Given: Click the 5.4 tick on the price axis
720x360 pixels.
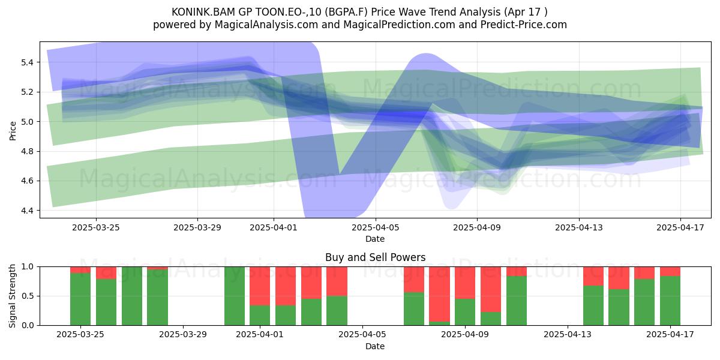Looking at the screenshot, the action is point(27,62).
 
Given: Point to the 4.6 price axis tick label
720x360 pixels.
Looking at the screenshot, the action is point(27,181).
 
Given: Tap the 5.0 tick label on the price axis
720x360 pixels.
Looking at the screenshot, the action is point(27,122).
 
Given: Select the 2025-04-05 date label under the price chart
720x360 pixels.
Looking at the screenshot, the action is point(375,227).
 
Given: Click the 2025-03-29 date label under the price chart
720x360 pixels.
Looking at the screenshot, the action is point(197,227).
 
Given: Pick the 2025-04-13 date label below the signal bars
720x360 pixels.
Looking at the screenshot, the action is point(568,334).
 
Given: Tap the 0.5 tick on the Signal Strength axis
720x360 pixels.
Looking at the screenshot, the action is point(27,296).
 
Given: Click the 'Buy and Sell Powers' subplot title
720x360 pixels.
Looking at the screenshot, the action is point(375,257).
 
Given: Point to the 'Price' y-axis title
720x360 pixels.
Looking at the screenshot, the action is point(13,131).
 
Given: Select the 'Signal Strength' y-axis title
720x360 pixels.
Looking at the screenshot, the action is point(12,296).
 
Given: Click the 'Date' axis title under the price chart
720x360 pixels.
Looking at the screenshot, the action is point(375,239).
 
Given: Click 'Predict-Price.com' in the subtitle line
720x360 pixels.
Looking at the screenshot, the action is point(524,25).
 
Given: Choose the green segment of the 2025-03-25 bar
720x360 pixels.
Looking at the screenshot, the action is point(80,299).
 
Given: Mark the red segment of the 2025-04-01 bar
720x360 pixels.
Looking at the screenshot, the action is point(260,286).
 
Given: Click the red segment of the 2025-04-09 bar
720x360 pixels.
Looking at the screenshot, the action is point(465,283).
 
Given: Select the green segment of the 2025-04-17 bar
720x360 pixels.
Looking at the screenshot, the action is point(670,301).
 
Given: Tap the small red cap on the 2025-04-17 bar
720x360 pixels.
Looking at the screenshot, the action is point(670,271).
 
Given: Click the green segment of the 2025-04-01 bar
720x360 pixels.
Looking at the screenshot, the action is point(260,316).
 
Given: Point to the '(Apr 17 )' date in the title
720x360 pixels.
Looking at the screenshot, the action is point(526,12).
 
